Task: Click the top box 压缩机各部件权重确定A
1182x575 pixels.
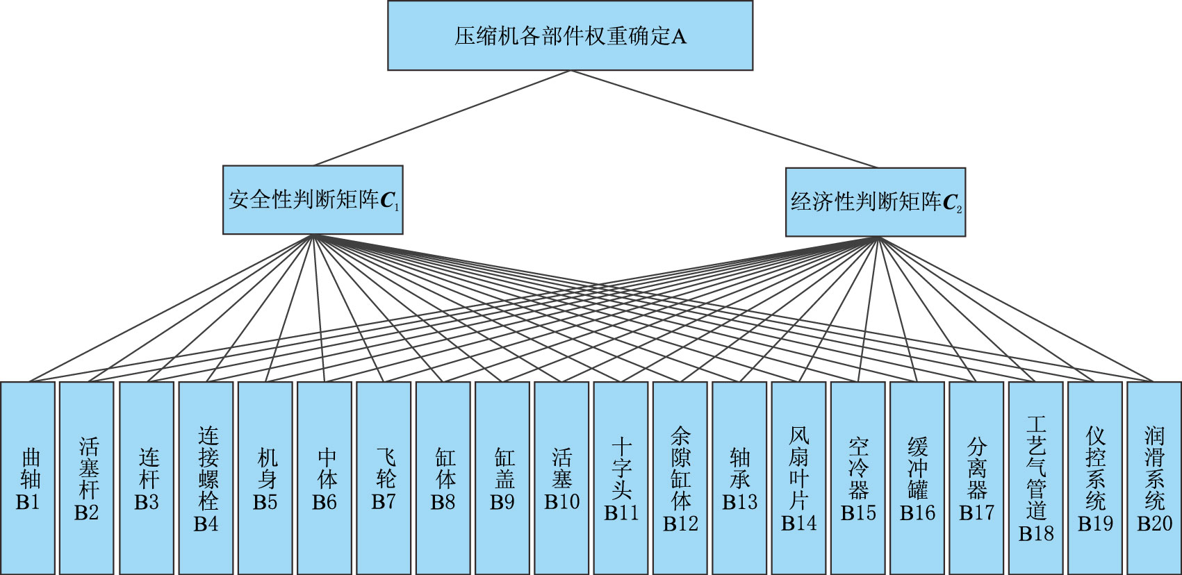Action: (570, 35)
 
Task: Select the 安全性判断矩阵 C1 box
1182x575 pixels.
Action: (313, 200)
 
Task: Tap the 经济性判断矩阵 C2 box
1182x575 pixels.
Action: (875, 202)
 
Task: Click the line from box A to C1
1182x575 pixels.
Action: (442, 118)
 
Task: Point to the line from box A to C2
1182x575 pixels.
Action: (723, 118)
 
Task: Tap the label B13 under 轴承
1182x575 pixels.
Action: (739, 502)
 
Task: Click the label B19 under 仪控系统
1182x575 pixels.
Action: (1095, 523)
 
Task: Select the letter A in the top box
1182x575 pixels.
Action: (679, 37)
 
